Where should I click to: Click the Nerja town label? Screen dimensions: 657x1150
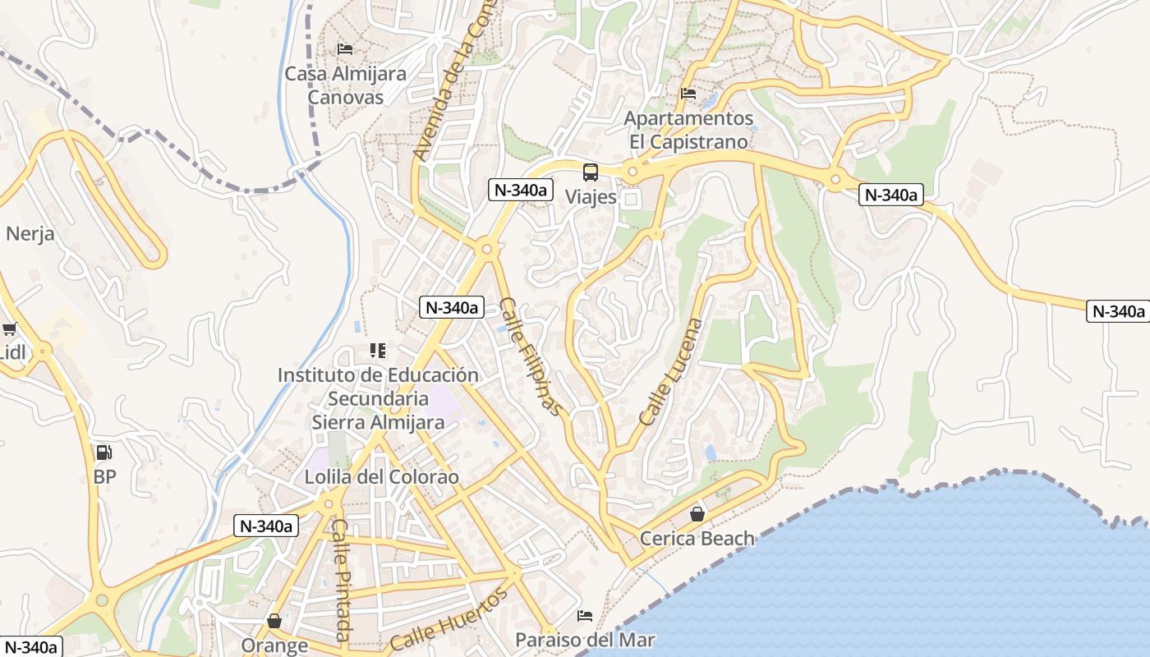30,233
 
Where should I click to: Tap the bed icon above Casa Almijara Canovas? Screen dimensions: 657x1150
345,50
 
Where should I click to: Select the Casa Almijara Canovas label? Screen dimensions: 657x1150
345,85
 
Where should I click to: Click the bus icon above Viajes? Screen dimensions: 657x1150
591,172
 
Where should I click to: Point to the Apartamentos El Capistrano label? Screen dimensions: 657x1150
688,130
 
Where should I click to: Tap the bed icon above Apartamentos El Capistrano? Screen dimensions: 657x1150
688,94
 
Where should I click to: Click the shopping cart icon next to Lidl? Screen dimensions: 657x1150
9,329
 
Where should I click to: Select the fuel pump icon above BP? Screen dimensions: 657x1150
104,453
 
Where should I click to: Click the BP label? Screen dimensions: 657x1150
104,476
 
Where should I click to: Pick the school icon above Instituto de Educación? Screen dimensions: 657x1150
378,351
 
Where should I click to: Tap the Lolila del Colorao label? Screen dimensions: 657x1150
381,476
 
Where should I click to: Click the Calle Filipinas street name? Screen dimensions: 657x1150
531,356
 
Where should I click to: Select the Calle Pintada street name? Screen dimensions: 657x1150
343,580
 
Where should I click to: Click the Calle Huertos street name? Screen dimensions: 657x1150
449,620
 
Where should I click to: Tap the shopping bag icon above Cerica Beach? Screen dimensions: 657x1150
697,514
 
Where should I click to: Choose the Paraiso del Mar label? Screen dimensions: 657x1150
585,639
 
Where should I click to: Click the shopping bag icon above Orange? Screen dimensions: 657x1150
274,622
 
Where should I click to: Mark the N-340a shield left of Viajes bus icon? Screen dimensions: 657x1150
519,190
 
